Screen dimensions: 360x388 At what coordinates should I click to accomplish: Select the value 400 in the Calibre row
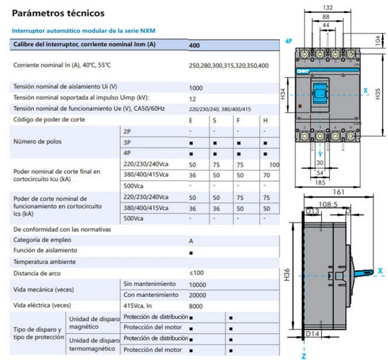click(194, 45)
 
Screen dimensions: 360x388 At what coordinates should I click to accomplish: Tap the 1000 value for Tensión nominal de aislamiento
click(196, 87)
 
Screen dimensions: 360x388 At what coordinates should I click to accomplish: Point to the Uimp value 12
click(192, 98)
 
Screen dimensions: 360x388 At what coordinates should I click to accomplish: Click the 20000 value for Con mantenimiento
click(198, 295)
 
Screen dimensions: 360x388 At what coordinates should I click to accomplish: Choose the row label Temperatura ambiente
click(45, 262)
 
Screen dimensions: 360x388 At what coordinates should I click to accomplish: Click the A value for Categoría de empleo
click(191, 240)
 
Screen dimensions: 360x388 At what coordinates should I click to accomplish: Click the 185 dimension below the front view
click(321, 183)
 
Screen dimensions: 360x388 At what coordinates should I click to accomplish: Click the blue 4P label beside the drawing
click(289, 41)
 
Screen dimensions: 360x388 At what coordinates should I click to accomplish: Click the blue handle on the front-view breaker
click(321, 92)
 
